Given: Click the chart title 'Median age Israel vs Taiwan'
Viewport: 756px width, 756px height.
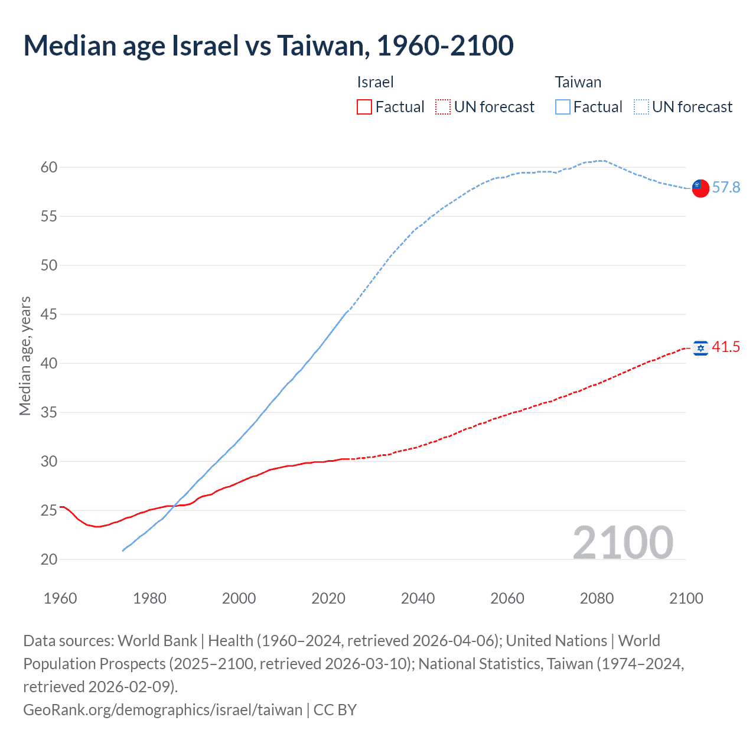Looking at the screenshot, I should pyautogui.click(x=268, y=45).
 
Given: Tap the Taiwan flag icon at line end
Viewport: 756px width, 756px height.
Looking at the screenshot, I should pyautogui.click(x=700, y=188).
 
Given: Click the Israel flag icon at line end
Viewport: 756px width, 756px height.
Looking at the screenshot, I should pyautogui.click(x=700, y=348).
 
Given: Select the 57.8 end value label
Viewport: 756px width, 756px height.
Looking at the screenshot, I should pyautogui.click(x=726, y=188).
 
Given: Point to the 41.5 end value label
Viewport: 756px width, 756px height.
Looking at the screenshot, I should pyautogui.click(x=726, y=347).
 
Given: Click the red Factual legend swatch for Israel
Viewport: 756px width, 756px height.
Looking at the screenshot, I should pyautogui.click(x=364, y=107).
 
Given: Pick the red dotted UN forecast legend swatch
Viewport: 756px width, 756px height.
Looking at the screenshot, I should pyautogui.click(x=443, y=107).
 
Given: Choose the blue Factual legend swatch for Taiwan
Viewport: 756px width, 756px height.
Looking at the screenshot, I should pyautogui.click(x=563, y=107).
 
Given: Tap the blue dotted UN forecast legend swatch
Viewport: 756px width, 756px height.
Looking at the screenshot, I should pyautogui.click(x=641, y=107).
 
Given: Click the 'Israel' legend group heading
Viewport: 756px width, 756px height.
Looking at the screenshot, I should pyautogui.click(x=375, y=82).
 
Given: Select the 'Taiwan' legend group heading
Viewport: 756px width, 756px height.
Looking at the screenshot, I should pyautogui.click(x=578, y=82).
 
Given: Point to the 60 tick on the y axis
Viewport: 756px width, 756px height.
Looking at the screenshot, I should pyautogui.click(x=49, y=168).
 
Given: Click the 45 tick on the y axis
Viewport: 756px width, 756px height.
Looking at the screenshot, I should pyautogui.click(x=49, y=315).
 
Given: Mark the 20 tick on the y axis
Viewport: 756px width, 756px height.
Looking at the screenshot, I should pyautogui.click(x=49, y=559).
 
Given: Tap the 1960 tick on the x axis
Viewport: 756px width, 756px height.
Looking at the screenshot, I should pyautogui.click(x=60, y=598).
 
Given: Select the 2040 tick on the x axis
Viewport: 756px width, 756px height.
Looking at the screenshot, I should pyautogui.click(x=418, y=598).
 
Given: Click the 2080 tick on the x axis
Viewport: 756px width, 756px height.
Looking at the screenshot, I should pyautogui.click(x=597, y=598).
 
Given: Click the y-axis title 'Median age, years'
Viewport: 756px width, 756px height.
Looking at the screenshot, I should pyautogui.click(x=25, y=356).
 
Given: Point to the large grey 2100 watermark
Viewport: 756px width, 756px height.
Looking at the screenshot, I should pyautogui.click(x=623, y=542).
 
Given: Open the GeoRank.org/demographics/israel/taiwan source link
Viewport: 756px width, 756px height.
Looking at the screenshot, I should pyautogui.click(x=162, y=709).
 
